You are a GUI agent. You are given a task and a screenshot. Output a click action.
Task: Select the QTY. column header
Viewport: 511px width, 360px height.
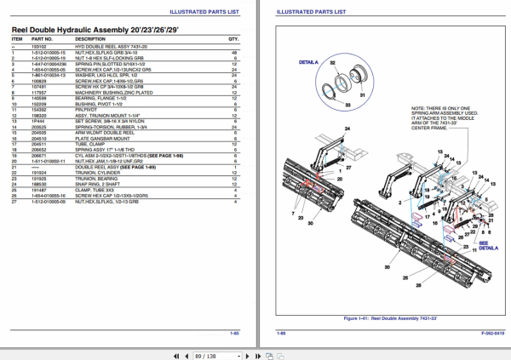[233, 39]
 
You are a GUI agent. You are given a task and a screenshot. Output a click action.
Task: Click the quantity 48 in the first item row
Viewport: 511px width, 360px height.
[234, 52]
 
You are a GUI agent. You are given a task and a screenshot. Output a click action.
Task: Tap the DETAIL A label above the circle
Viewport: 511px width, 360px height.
[307, 63]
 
